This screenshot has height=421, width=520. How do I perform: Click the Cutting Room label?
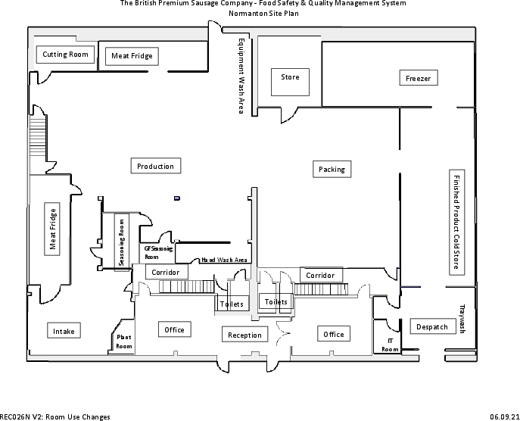click(x=65, y=55)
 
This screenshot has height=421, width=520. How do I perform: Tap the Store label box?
click(x=290, y=77)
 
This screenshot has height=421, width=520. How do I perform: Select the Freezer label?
click(x=419, y=78)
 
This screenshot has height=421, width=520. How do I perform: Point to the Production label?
click(x=156, y=167)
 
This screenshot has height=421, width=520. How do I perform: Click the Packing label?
click(x=332, y=170)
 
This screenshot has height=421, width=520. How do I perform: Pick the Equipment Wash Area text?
click(x=241, y=76)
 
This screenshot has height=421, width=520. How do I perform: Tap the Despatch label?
click(x=432, y=327)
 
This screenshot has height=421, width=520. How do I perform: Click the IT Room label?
click(x=390, y=345)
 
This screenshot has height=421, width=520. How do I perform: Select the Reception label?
click(x=244, y=335)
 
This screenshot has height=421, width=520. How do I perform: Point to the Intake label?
click(x=64, y=331)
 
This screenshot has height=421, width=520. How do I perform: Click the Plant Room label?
click(x=124, y=342)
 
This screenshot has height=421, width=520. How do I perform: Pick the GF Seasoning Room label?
click(x=158, y=253)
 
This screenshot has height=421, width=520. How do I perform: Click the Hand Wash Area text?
click(x=225, y=260)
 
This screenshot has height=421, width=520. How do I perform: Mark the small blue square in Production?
click(x=176, y=198)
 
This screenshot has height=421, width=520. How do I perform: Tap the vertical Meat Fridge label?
click(x=53, y=229)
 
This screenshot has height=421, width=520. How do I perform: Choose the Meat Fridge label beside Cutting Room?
click(x=132, y=56)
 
